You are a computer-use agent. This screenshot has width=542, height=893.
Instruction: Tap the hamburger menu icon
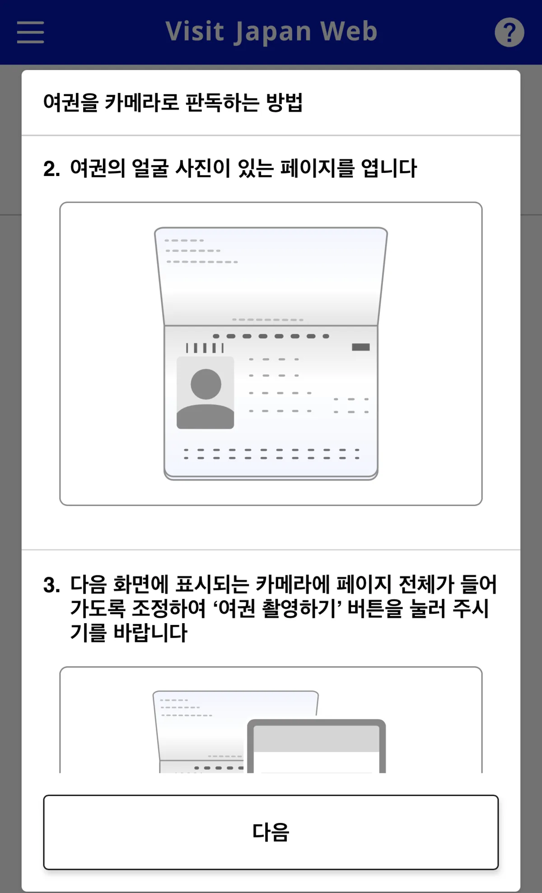[30, 32]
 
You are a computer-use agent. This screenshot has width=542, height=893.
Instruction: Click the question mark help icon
[509, 32]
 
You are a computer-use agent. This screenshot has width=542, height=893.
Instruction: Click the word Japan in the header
[272, 32]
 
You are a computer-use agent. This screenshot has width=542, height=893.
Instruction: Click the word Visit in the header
[195, 32]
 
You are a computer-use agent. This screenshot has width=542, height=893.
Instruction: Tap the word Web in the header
[348, 32]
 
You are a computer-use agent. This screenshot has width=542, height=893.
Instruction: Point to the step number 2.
[51, 169]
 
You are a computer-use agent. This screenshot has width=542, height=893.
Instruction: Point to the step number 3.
[51, 585]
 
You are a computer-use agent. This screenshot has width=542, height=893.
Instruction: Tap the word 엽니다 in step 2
[388, 168]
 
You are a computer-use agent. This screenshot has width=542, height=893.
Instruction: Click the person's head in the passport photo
[206, 384]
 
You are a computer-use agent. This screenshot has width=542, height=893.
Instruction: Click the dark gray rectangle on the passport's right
[360, 347]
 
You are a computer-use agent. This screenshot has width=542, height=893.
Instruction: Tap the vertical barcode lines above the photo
[205, 348]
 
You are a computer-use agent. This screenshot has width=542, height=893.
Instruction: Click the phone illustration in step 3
[316, 747]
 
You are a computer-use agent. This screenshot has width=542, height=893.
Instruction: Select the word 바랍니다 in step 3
[150, 633]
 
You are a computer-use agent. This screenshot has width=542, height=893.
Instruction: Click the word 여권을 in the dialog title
[70, 102]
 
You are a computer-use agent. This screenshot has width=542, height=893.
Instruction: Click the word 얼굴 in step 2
[150, 168]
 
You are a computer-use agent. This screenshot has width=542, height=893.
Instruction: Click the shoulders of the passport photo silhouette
[205, 417]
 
